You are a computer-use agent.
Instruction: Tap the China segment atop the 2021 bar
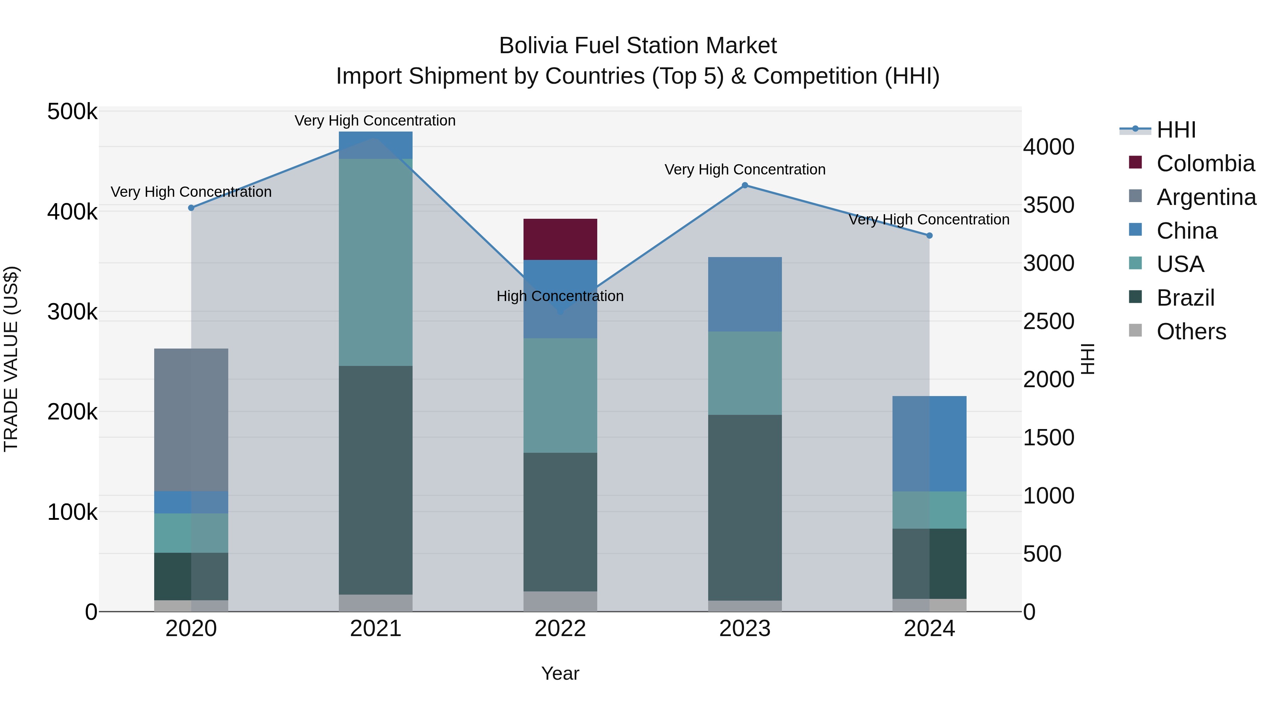click(x=375, y=145)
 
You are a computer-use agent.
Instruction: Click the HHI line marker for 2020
click(x=191, y=208)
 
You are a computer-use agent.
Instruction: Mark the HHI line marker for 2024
click(x=929, y=235)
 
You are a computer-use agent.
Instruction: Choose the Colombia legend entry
click(x=1205, y=163)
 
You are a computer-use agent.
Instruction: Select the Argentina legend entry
click(x=1206, y=197)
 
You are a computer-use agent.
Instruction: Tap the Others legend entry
click(x=1191, y=332)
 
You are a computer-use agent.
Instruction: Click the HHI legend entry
click(x=1176, y=130)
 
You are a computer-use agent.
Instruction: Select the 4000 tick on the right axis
click(x=1049, y=147)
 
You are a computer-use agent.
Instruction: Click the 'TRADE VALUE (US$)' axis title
click(x=11, y=359)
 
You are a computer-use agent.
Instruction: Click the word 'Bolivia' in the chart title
click(x=532, y=46)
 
